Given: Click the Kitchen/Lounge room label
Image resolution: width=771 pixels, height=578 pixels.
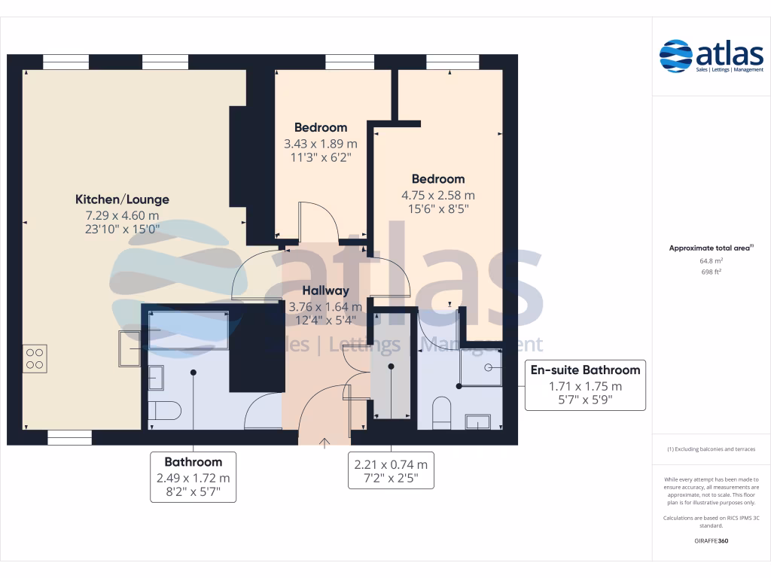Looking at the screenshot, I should (x=122, y=199).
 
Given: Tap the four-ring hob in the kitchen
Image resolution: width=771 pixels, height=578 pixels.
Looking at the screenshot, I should (x=35, y=357).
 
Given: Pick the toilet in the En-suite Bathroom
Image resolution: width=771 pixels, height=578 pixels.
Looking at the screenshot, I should (x=441, y=412).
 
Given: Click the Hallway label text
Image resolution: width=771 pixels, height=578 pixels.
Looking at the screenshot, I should (x=325, y=291).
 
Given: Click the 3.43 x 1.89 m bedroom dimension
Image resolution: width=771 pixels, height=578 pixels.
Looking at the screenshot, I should (x=320, y=143).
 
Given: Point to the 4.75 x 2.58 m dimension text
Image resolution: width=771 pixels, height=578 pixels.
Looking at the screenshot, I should (x=438, y=195).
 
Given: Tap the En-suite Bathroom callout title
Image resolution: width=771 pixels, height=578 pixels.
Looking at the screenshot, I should (x=585, y=370).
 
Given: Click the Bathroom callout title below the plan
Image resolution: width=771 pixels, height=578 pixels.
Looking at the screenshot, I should (x=194, y=462).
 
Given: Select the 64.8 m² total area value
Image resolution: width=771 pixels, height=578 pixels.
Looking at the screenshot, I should (x=711, y=262).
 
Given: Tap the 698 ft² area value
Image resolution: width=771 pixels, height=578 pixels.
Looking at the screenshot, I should (x=711, y=272).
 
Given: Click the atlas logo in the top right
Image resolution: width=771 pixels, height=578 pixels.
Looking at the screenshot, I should (x=711, y=56).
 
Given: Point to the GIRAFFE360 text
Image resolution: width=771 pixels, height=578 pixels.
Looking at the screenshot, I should (x=711, y=541).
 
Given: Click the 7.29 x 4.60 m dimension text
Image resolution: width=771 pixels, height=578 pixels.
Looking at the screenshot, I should (x=122, y=215).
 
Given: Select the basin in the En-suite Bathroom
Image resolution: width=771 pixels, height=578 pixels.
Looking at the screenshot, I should (x=478, y=421).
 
